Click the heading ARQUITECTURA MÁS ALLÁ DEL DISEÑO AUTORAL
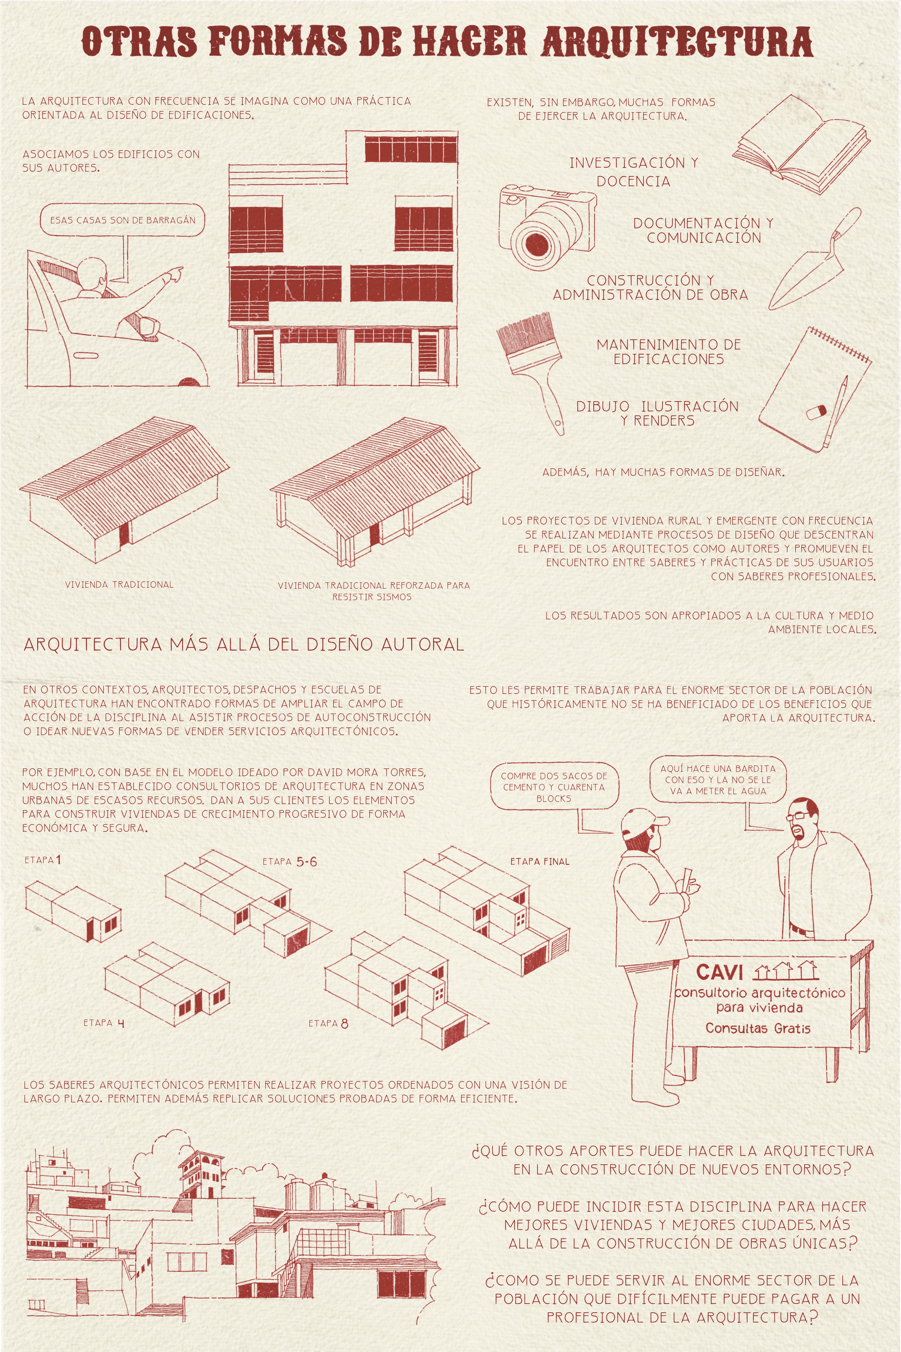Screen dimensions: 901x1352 coord(244,644)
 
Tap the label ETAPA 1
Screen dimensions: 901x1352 coord(42,860)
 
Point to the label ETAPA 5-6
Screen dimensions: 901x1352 coord(290,861)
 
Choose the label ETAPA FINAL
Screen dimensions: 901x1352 coord(540,861)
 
